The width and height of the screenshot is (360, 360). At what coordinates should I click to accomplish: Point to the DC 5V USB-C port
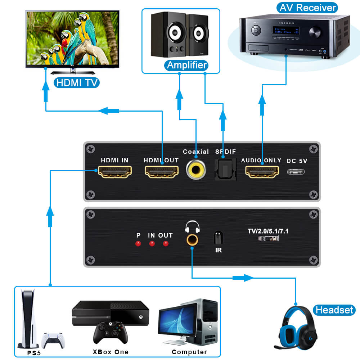(x=297, y=171)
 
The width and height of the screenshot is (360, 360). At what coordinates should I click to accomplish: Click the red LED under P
(x=138, y=244)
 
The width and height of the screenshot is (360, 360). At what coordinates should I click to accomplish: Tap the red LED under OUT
(x=166, y=244)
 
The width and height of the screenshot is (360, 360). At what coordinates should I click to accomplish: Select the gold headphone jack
(x=192, y=239)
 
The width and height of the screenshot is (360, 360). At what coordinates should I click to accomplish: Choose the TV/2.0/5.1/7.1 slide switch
(x=268, y=239)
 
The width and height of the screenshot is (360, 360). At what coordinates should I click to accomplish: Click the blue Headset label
(x=334, y=310)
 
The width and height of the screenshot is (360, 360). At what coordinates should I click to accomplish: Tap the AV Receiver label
(x=307, y=8)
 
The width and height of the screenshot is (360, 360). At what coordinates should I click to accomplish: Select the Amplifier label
(x=187, y=65)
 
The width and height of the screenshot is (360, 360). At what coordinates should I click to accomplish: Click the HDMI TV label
(x=76, y=83)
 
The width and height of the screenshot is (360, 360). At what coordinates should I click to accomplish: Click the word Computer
(x=189, y=352)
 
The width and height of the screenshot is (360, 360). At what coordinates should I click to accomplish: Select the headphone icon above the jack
(x=192, y=227)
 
